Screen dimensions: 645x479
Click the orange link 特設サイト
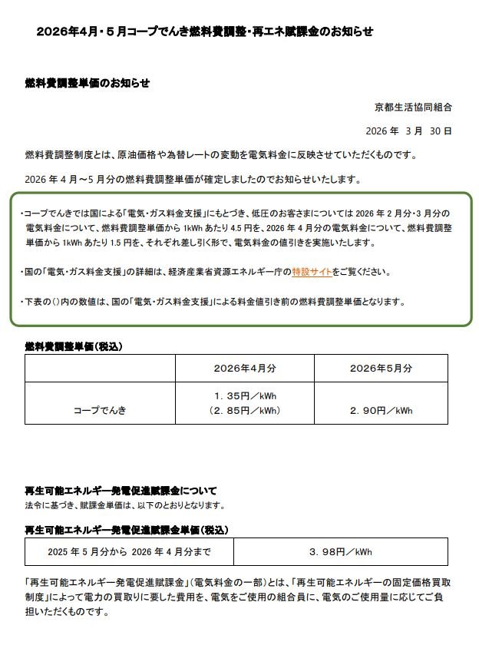coord(312,272)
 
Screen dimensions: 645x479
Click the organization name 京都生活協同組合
coord(413,106)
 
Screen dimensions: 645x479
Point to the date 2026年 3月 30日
coord(410,131)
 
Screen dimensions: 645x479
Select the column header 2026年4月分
coord(245,368)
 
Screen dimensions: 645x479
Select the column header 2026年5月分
coord(381,368)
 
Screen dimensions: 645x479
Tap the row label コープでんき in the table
coord(100,411)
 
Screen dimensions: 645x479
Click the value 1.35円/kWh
coord(245,396)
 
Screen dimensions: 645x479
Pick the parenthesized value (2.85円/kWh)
coord(245,411)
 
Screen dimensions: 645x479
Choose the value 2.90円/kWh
coord(381,411)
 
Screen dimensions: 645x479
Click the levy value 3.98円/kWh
coord(340,551)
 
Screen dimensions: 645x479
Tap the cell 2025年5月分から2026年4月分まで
coord(128,551)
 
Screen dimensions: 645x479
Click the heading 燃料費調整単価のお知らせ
coord(88,83)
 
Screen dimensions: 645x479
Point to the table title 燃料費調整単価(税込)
coord(74,346)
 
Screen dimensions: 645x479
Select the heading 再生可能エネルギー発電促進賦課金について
coord(121,490)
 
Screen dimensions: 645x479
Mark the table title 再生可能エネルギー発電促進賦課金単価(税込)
coord(127,530)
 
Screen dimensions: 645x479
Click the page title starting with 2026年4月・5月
coord(205,31)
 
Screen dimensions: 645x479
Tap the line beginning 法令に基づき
coord(124,504)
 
